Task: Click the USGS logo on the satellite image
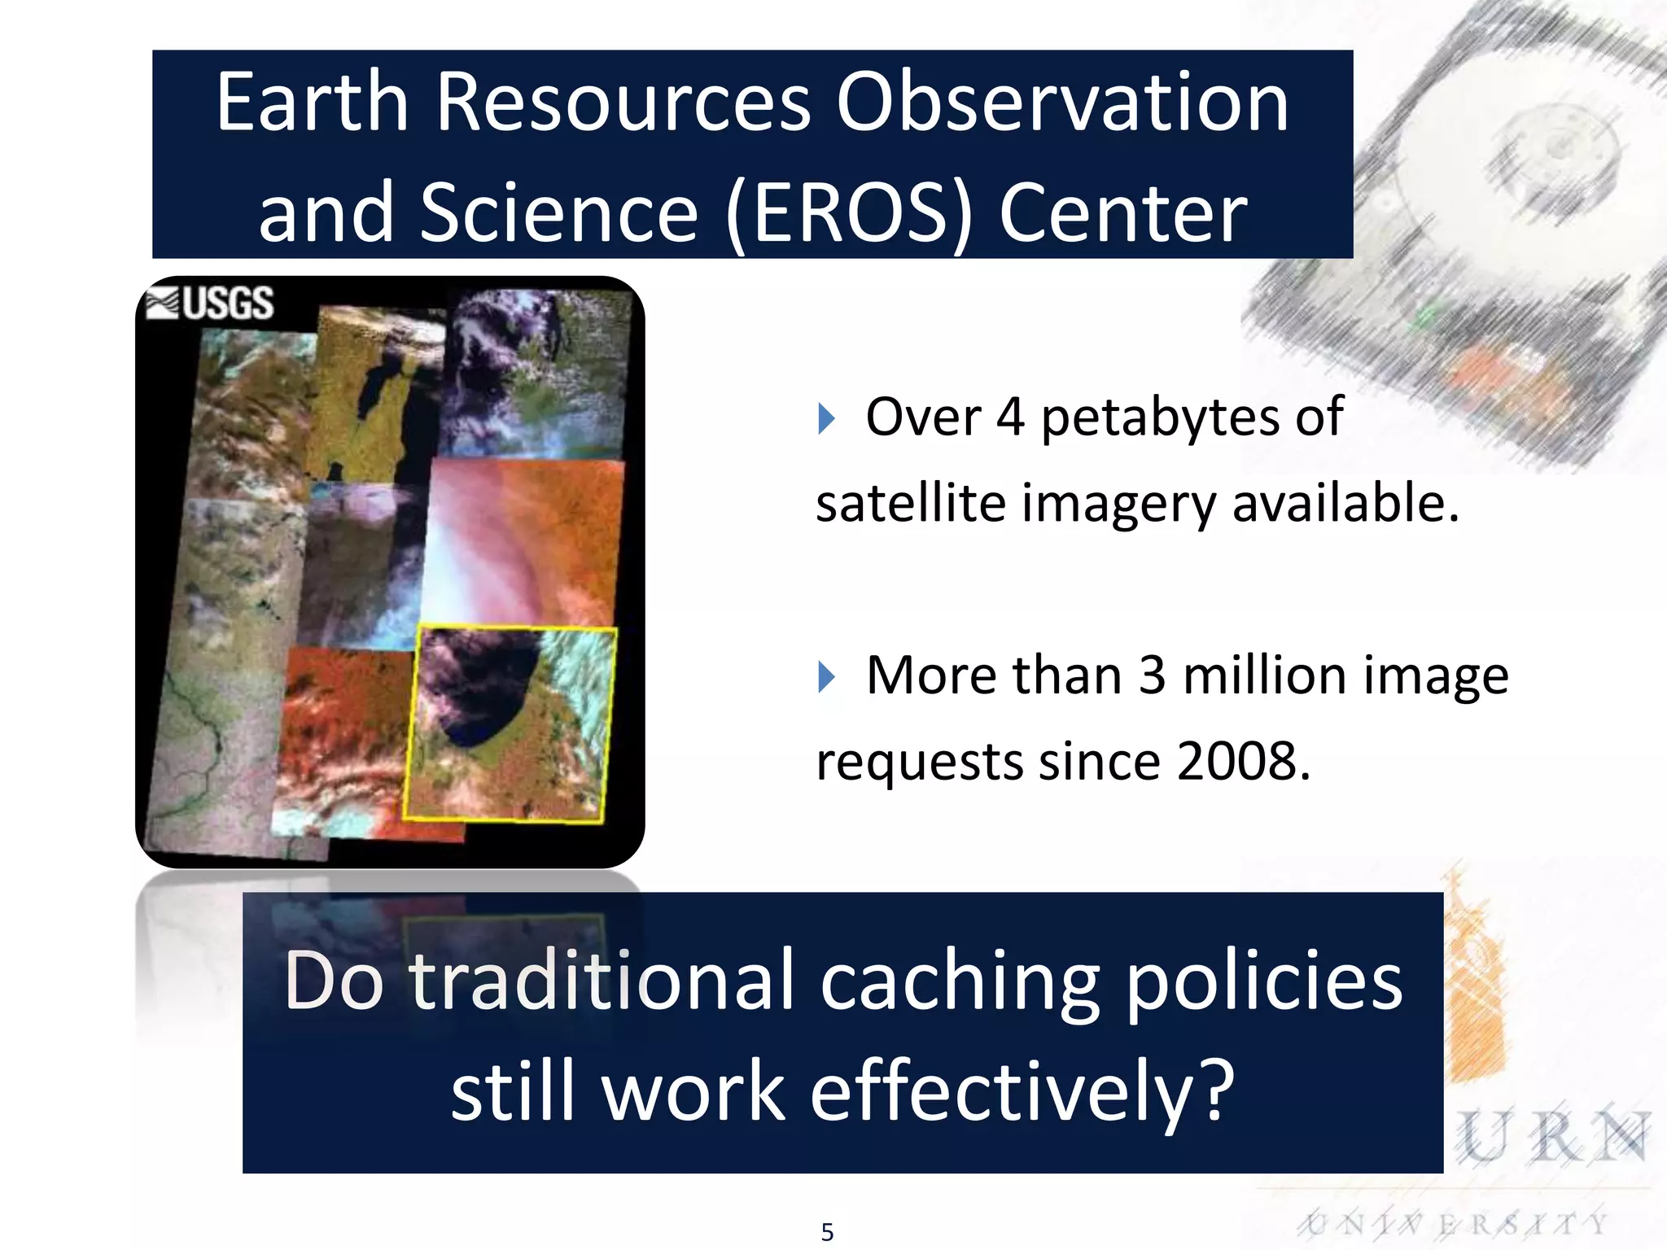pos(210,303)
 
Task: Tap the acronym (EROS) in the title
pos(849,213)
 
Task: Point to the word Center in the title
pos(1122,213)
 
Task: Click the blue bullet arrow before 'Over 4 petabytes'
pos(826,419)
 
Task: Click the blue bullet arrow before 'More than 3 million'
pos(826,677)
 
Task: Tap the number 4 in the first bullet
pos(1010,417)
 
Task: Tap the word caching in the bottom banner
pos(960,982)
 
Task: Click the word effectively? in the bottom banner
pos(1022,1091)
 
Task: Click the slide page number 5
pos(827,1232)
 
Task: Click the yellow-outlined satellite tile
pos(510,724)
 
